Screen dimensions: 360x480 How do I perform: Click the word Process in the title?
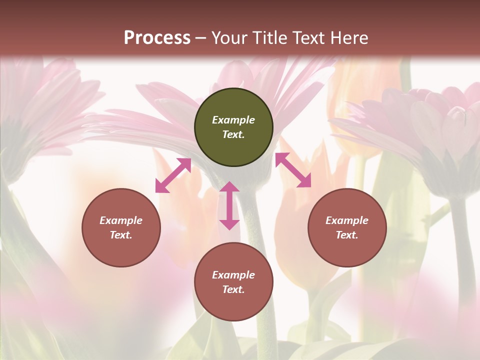[157, 38]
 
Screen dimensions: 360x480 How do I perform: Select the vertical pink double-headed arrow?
[229, 205]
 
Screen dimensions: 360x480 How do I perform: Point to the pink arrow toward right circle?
[293, 170]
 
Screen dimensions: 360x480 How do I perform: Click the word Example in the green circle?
[233, 120]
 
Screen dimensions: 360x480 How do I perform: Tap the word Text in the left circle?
[121, 235]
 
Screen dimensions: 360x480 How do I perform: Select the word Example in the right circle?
[347, 220]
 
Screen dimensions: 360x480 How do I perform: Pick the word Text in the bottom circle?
[233, 289]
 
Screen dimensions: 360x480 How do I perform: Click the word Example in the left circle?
[121, 220]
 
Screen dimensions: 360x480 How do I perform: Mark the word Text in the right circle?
[347, 235]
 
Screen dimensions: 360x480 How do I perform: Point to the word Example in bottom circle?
[233, 275]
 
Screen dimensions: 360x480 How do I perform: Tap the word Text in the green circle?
[233, 134]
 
